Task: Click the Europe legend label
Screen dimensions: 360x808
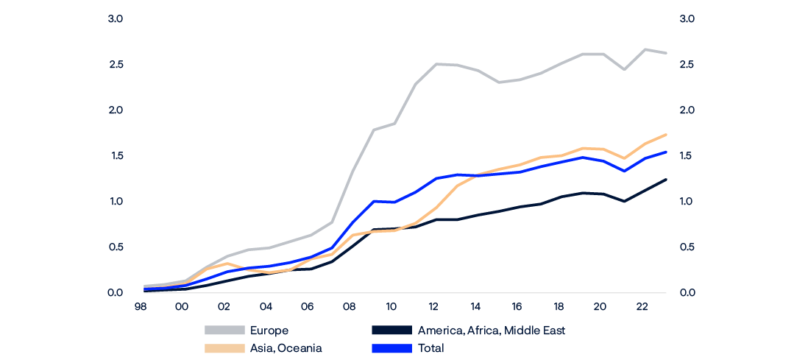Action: [x=269, y=331]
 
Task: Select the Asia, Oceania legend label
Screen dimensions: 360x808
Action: [x=286, y=348]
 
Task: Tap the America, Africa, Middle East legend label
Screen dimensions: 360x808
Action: [x=491, y=331]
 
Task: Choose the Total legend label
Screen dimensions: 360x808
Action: [x=430, y=348]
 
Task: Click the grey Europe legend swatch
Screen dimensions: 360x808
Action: [x=224, y=331]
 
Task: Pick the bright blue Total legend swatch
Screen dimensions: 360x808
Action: [x=391, y=348]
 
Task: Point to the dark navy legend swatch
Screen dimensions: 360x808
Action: [x=391, y=331]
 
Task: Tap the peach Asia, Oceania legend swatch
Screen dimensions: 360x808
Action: [x=224, y=348]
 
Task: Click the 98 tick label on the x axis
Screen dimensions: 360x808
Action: [x=140, y=306]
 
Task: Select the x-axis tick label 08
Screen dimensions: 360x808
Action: [x=350, y=306]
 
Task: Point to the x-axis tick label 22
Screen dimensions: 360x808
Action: [x=642, y=306]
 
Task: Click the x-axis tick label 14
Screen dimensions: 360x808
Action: [x=475, y=306]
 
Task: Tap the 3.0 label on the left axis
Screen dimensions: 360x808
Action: [x=115, y=18]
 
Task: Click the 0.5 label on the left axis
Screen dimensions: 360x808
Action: [x=115, y=247]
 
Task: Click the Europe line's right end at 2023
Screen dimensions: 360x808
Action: [x=666, y=53]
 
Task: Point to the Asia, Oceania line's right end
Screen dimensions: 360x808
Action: [x=666, y=135]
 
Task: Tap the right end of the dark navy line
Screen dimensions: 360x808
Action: [x=666, y=180]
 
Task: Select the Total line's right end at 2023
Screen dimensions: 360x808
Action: [x=666, y=152]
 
